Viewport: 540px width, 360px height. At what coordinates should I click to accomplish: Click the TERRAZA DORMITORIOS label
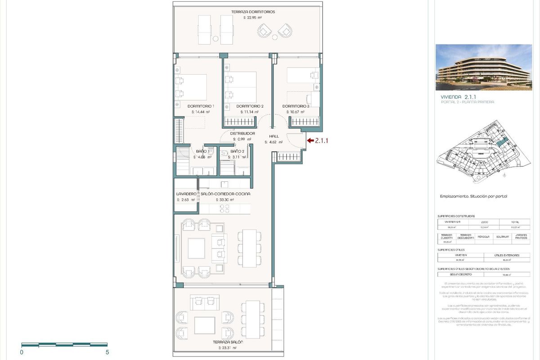[x=252, y=12]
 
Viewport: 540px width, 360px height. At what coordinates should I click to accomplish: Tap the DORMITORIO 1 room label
[x=201, y=106]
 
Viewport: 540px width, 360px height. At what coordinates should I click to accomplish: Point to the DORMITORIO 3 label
[x=296, y=106]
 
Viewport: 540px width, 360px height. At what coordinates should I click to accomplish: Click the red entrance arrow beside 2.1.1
[x=310, y=141]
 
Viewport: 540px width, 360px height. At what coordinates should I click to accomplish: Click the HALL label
[x=274, y=136]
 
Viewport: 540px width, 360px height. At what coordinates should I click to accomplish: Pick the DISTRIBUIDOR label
[x=243, y=134]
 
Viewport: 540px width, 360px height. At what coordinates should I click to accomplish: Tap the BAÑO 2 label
[x=237, y=152]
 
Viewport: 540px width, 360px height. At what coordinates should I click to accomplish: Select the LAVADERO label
[x=186, y=194]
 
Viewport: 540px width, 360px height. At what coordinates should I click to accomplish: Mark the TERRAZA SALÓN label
[x=228, y=342]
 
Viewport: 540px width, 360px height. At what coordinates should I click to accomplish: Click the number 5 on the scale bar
[x=107, y=352]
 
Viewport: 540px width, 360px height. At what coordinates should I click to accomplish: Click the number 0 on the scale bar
[x=22, y=352]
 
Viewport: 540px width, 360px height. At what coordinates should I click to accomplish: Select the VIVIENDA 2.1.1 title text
[x=458, y=97]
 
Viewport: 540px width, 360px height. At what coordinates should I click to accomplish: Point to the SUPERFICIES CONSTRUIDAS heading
[x=456, y=216]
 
